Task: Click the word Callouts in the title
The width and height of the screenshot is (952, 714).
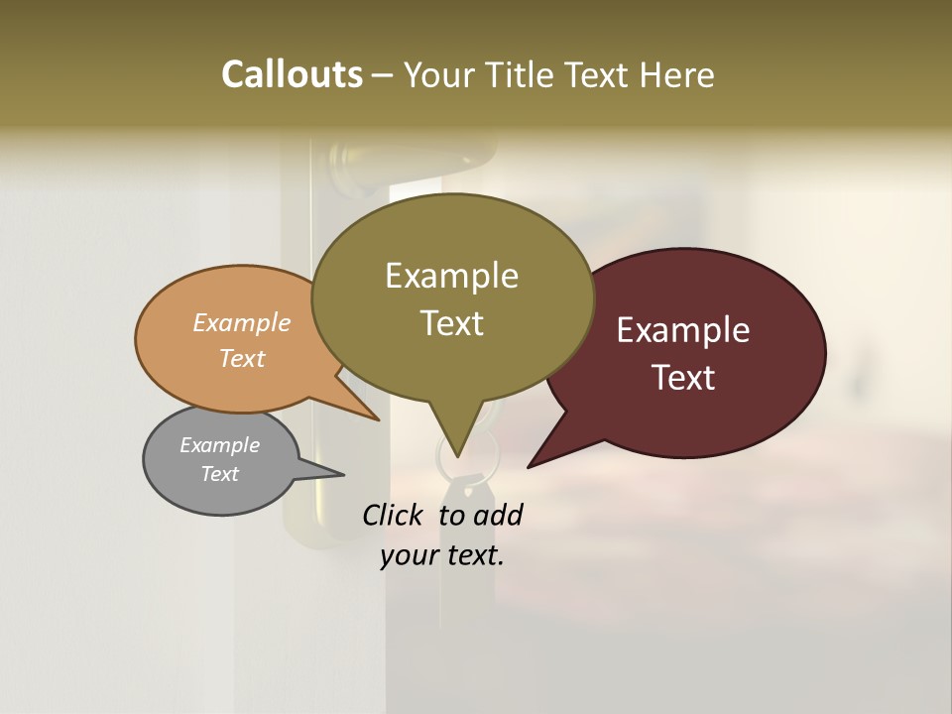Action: (x=292, y=74)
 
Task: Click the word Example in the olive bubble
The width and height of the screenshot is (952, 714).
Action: (x=451, y=276)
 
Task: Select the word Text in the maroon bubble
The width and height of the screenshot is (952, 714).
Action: (x=684, y=378)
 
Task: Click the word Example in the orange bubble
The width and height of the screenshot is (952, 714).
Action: (x=242, y=322)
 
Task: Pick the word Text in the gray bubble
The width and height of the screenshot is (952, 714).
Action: (x=219, y=474)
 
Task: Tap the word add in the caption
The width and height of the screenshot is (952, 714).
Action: (x=498, y=515)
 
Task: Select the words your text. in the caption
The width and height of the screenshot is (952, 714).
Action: (x=442, y=555)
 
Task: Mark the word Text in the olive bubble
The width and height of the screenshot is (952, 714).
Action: (x=452, y=322)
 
